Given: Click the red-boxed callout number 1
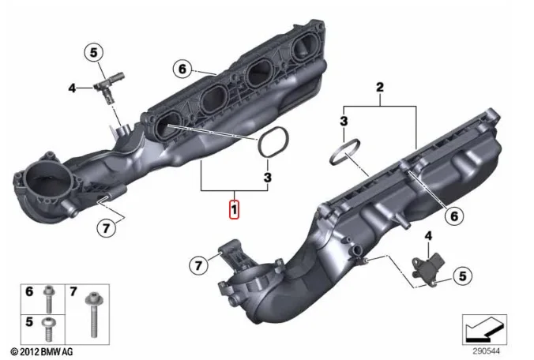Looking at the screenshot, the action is coord(235,209).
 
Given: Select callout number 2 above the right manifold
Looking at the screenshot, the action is coord(380,87).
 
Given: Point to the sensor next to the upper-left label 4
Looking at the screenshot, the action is coord(109,86).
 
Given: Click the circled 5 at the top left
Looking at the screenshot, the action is coord(93,53).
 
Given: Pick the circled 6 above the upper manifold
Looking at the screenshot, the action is coord(182,69).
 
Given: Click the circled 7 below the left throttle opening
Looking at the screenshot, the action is coord(107,228).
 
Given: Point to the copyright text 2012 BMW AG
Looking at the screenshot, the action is coord(42,351).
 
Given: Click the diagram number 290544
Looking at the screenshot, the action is coord(486,351).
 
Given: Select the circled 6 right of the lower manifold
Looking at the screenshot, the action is coord(454,216).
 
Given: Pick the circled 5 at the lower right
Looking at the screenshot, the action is coord(462,276).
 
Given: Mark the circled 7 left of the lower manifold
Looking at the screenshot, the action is coord(198,265).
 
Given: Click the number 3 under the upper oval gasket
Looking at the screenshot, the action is coord(268,178).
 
